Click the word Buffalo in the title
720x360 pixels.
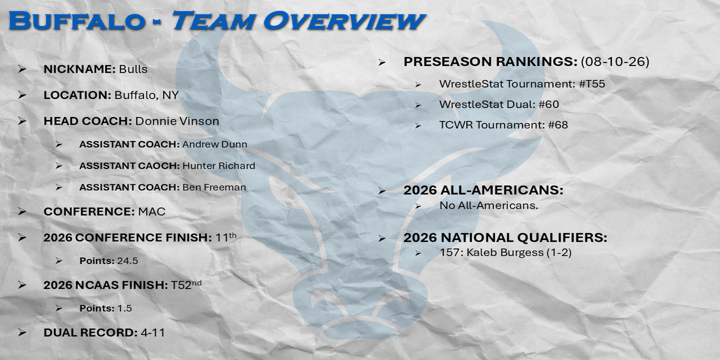pos(77,21)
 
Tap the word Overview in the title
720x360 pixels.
pos(344,21)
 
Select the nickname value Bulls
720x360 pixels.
pos(133,69)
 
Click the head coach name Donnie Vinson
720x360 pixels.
pos(177,121)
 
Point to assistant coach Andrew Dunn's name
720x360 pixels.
pos(215,145)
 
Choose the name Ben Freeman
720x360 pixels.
pos(214,187)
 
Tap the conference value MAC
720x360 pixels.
pos(152,211)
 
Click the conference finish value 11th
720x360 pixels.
pos(226,237)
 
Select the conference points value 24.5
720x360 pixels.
pos(128,260)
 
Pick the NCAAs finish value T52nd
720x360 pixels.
pos(186,284)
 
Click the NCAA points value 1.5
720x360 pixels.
pos(124,308)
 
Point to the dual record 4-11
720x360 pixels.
pos(152,332)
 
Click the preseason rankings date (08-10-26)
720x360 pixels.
pos(615,61)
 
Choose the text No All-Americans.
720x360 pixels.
pos(488,205)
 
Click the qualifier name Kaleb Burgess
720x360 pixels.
pos(505,253)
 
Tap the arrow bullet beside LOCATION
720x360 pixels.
pos(22,95)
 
